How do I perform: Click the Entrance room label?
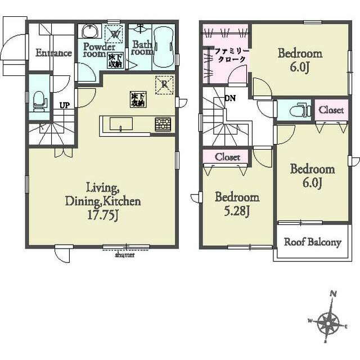pyautogui.click(x=54, y=53)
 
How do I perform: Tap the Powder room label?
pyautogui.click(x=99, y=50)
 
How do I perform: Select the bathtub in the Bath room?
pyautogui.click(x=163, y=47)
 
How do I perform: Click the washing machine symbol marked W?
pyautogui.click(x=114, y=34)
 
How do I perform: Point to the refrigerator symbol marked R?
pyautogui.click(x=164, y=85)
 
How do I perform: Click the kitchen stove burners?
pyautogui.click(x=163, y=124)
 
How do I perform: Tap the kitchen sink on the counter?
pyautogui.click(x=121, y=124)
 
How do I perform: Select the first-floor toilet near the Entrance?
pyautogui.click(x=39, y=101)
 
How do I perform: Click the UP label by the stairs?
pyautogui.click(x=65, y=105)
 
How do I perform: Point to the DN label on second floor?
pyautogui.click(x=230, y=98)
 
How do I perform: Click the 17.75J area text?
pyautogui.click(x=103, y=215)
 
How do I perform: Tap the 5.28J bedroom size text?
pyautogui.click(x=237, y=211)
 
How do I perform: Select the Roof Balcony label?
pyautogui.click(x=313, y=242)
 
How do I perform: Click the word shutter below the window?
pyautogui.click(x=125, y=255)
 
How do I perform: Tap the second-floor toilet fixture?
pyautogui.click(x=299, y=111)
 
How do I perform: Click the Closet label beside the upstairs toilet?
pyautogui.click(x=331, y=110)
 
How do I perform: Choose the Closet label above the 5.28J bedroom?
pyautogui.click(x=227, y=157)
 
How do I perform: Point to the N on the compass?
pyautogui.click(x=334, y=294)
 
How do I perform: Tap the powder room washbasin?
pyautogui.click(x=90, y=31)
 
